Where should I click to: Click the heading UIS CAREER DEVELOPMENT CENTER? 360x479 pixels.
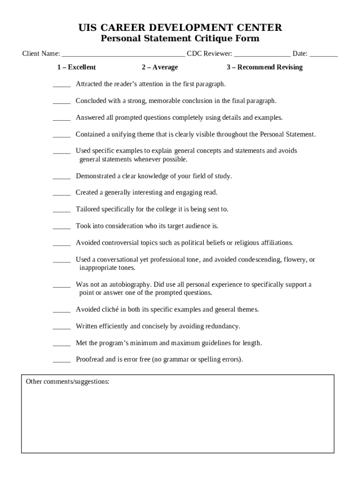[180, 28]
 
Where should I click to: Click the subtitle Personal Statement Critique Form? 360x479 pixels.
[180, 38]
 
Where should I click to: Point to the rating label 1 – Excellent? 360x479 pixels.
[76, 67]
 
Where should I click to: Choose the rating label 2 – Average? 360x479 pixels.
[159, 67]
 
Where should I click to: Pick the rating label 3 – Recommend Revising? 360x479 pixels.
[265, 67]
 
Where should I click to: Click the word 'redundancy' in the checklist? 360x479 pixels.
[223, 326]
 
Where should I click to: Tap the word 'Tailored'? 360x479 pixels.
[88, 209]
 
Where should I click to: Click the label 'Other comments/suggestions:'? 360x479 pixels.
[68, 382]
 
